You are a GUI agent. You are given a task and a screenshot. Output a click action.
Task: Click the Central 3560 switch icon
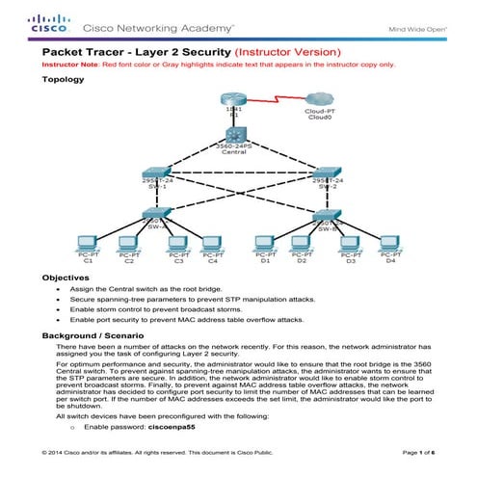232,136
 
